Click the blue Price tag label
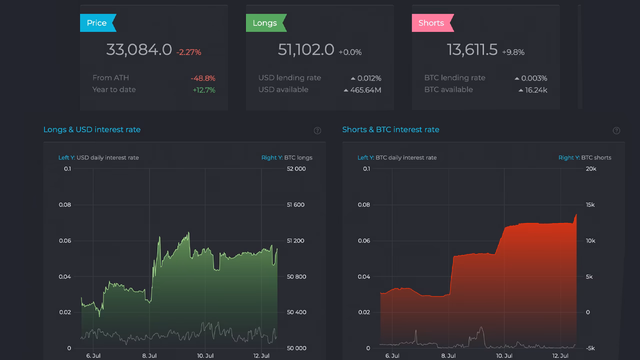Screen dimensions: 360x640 pyautogui.click(x=97, y=23)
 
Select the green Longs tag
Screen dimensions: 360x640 pyautogui.click(x=265, y=23)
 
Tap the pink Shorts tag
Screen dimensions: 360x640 pyautogui.click(x=431, y=23)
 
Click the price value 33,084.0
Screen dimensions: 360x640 pyautogui.click(x=139, y=50)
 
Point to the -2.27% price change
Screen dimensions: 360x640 pyautogui.click(x=188, y=52)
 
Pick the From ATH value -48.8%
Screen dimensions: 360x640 pyautogui.click(x=202, y=78)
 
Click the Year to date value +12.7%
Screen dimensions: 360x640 pyautogui.click(x=204, y=90)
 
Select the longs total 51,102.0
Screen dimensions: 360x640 pyautogui.click(x=306, y=50)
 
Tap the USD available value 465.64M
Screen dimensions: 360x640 pyautogui.click(x=365, y=90)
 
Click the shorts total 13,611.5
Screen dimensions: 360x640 pyautogui.click(x=472, y=50)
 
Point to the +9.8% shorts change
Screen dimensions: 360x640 pyautogui.click(x=513, y=52)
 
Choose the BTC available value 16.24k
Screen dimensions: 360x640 pyautogui.click(x=536, y=90)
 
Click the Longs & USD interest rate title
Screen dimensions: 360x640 pyautogui.click(x=92, y=129)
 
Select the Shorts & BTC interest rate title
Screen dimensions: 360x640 pyautogui.click(x=390, y=129)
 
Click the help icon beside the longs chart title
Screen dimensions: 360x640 pyautogui.click(x=317, y=130)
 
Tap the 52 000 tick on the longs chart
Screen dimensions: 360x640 pyautogui.click(x=296, y=169)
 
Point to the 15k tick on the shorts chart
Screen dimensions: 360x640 pyautogui.click(x=590, y=205)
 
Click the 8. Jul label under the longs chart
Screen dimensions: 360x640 pyautogui.click(x=149, y=356)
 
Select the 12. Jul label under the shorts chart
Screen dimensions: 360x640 pyautogui.click(x=560, y=356)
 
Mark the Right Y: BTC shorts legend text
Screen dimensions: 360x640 pyautogui.click(x=584, y=157)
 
